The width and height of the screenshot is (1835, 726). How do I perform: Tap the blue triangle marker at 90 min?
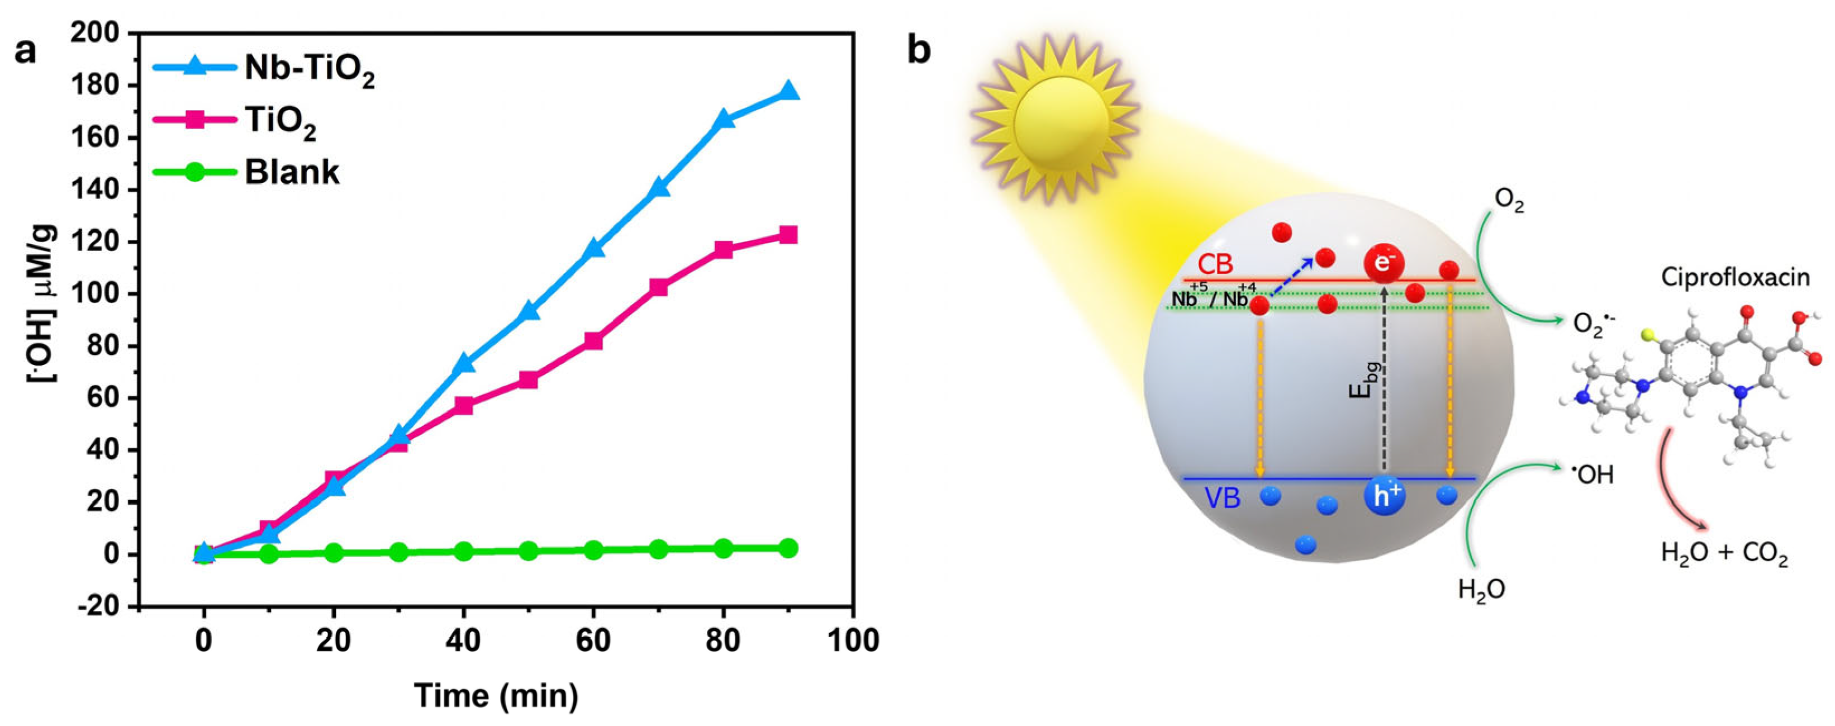[x=788, y=92]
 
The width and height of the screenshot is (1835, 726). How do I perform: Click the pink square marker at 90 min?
[x=788, y=235]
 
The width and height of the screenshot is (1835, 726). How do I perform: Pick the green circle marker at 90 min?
[x=788, y=548]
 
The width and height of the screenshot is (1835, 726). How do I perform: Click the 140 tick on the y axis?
[x=99, y=190]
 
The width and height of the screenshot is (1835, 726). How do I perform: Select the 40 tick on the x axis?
[x=463, y=640]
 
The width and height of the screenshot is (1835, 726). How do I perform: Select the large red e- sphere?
[x=1384, y=264]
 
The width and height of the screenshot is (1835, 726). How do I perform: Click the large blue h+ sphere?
[x=1384, y=496]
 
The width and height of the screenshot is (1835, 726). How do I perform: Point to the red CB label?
[x=1215, y=265]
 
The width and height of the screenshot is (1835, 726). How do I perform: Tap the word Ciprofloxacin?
[x=1736, y=277]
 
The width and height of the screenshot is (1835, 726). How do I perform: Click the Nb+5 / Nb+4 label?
[x=1210, y=298]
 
